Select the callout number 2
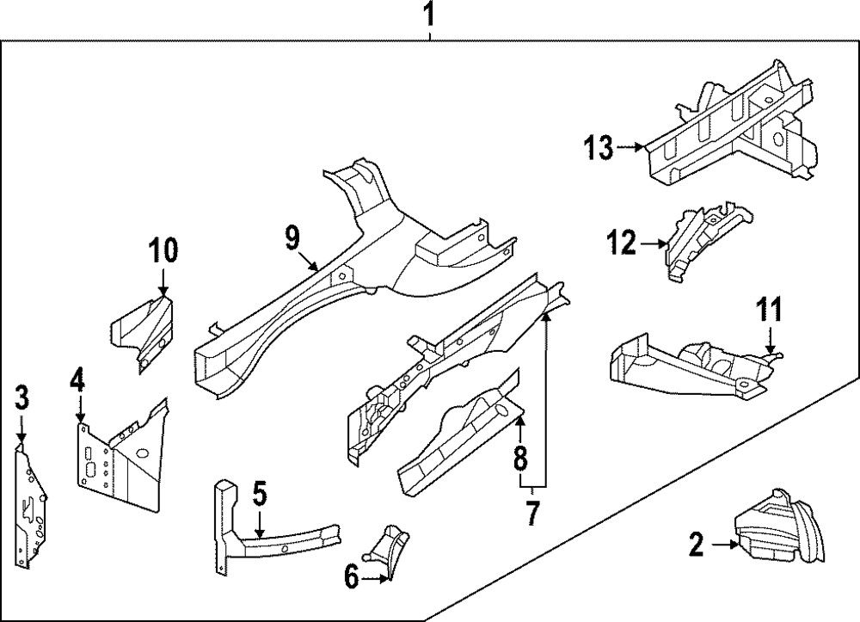pos(697,543)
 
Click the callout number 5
pos(260,495)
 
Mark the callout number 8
pos(520,459)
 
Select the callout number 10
pos(163,250)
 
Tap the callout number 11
pos(770,307)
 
